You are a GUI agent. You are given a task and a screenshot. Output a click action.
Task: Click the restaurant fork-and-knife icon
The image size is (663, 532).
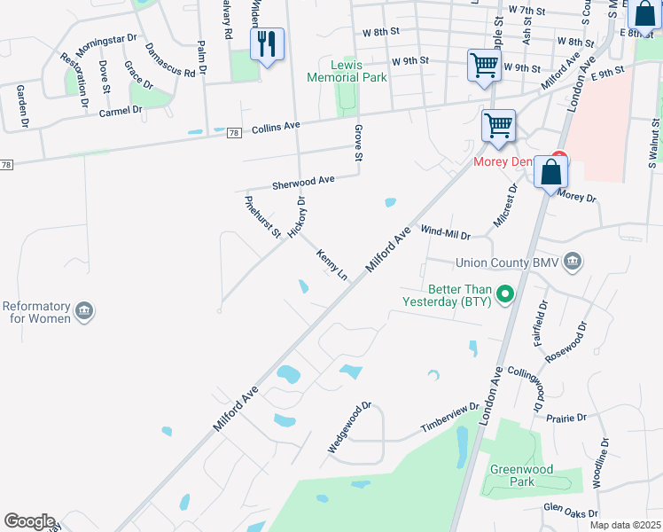click(x=267, y=43)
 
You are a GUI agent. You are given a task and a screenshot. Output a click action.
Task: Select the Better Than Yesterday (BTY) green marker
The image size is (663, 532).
click(x=505, y=294)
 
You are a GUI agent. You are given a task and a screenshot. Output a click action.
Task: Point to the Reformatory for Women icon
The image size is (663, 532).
click(x=84, y=309)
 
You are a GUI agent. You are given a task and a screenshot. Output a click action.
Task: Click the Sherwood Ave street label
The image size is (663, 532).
click(x=303, y=181)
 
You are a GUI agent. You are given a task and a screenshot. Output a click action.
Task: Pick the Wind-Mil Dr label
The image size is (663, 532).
click(x=444, y=231)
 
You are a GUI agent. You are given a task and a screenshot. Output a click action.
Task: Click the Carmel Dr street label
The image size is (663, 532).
click(x=121, y=112)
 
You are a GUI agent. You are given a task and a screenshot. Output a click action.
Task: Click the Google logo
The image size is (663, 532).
click(x=29, y=521)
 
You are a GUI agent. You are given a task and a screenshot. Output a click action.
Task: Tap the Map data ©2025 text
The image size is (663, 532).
click(x=625, y=525)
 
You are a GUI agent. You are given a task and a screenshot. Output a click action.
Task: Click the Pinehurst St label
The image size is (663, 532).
click(x=262, y=216)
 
